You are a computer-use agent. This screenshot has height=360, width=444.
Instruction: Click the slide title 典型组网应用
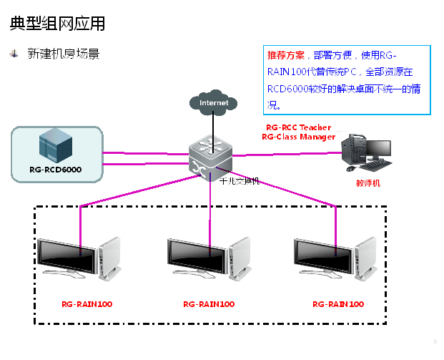coord(57,24)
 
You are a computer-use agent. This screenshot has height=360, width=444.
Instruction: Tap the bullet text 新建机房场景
coord(63,54)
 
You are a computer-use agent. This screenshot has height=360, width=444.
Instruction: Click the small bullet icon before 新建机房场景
coord(14,54)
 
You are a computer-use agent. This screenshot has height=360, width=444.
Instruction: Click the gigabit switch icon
coord(211,154)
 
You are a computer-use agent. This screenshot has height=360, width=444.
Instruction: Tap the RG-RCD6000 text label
coord(56,170)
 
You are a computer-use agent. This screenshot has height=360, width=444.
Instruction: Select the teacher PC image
coord(366,152)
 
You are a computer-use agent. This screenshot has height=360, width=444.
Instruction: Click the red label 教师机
coord(368,183)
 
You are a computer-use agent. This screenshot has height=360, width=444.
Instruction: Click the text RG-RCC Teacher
coord(299,127)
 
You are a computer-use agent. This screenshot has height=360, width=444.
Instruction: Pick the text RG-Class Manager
coord(298,136)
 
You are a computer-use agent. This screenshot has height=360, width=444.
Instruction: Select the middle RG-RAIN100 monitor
coord(199,258)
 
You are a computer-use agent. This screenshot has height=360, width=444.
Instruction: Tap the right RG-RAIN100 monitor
coord(326,258)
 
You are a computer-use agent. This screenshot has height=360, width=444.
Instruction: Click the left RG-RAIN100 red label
coord(87,304)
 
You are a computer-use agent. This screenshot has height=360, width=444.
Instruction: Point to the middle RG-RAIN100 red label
coord(209,304)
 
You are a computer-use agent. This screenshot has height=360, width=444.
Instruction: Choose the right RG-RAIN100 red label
coord(338,304)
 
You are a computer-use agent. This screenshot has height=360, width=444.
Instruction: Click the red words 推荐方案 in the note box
coord(285,55)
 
